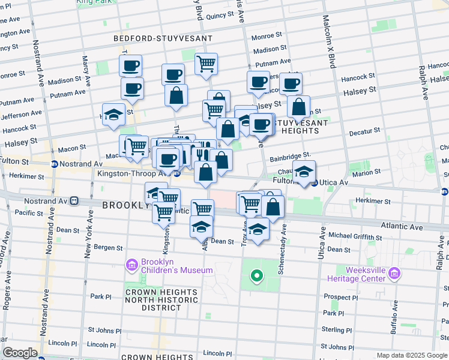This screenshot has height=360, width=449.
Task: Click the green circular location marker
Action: tap(257, 276)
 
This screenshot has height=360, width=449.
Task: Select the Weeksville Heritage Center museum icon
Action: tap(394, 274)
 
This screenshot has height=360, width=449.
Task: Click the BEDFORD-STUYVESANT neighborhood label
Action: tap(163, 38)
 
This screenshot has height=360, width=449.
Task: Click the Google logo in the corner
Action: tap(20, 353)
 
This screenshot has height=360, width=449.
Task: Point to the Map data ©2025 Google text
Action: tap(411, 356)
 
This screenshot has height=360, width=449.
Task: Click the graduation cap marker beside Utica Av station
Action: tap(304, 170)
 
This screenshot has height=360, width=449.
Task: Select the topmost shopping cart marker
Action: tap(206, 63)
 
